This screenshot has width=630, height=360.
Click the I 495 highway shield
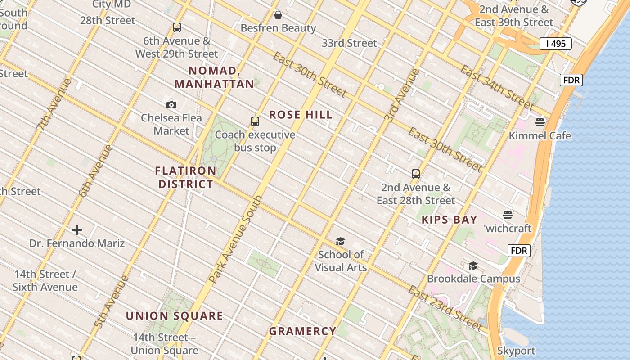coord(556,44)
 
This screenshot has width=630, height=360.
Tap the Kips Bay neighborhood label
coord(449,220)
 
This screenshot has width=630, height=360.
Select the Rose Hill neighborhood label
coord(301,115)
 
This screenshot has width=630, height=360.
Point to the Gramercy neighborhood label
coord(303,331)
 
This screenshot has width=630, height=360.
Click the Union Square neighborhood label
coord(175,316)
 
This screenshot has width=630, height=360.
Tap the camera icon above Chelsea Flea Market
coord(171,105)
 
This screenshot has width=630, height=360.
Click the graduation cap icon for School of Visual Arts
coord(340,242)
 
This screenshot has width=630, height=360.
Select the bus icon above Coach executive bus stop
coord(255,121)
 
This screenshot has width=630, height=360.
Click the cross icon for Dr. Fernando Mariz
coord(77,230)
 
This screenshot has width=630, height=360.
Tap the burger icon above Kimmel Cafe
coord(540,122)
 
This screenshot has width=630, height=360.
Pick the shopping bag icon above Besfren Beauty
coord(278,15)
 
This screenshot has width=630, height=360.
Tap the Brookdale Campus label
coord(473,279)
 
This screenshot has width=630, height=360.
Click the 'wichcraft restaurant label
coord(508,229)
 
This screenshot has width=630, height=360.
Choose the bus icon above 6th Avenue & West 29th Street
coord(177,27)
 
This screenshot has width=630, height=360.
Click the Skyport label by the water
coord(516,351)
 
